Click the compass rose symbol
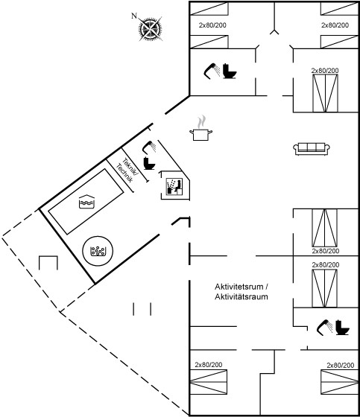[x=151, y=29]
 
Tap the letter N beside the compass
[x=134, y=16]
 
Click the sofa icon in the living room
[x=312, y=149]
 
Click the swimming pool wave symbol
[x=86, y=202]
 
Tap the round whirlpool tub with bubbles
[x=98, y=251]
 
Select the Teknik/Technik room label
[x=127, y=171]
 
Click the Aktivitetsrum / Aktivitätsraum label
[x=241, y=292]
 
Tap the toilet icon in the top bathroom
[x=230, y=71]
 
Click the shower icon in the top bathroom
[x=212, y=71]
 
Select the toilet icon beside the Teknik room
[x=149, y=164]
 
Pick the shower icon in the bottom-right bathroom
[x=325, y=328]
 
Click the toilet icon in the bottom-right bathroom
[x=342, y=328]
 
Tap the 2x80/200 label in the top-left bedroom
[x=212, y=25]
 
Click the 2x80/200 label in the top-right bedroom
[x=335, y=25]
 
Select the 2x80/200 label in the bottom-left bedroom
[x=209, y=365]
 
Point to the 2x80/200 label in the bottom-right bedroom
[x=341, y=366]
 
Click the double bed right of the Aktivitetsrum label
[x=324, y=289]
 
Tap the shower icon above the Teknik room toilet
[x=149, y=147]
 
